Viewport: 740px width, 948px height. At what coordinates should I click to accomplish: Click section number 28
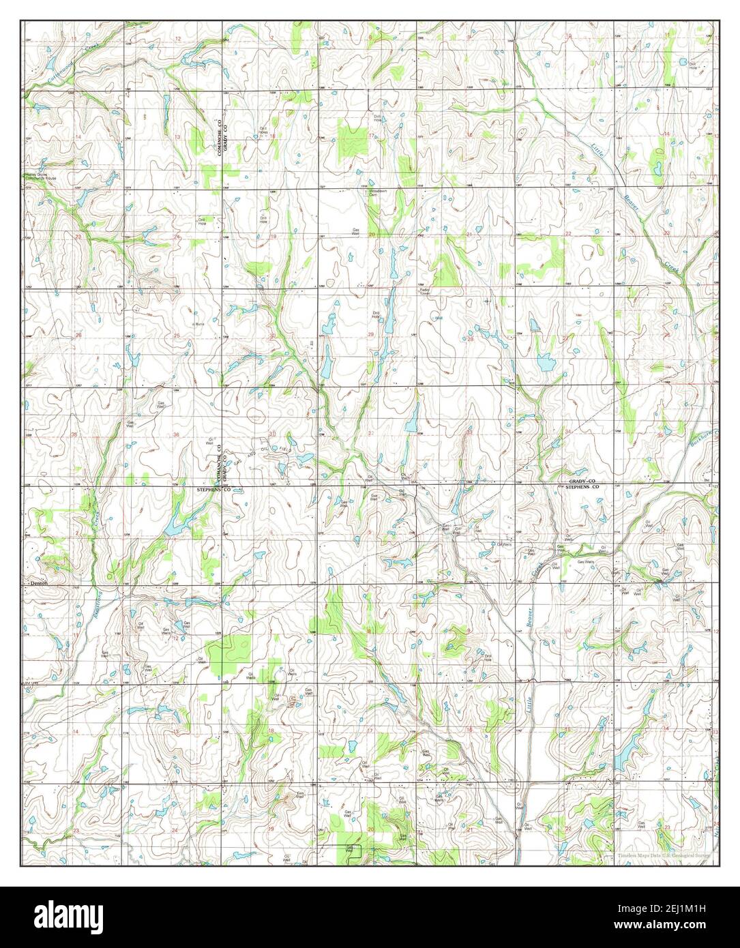coord(469,339)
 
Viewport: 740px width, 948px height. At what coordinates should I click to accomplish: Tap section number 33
coord(469,432)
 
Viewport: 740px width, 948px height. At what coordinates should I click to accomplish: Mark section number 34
coord(567,432)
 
